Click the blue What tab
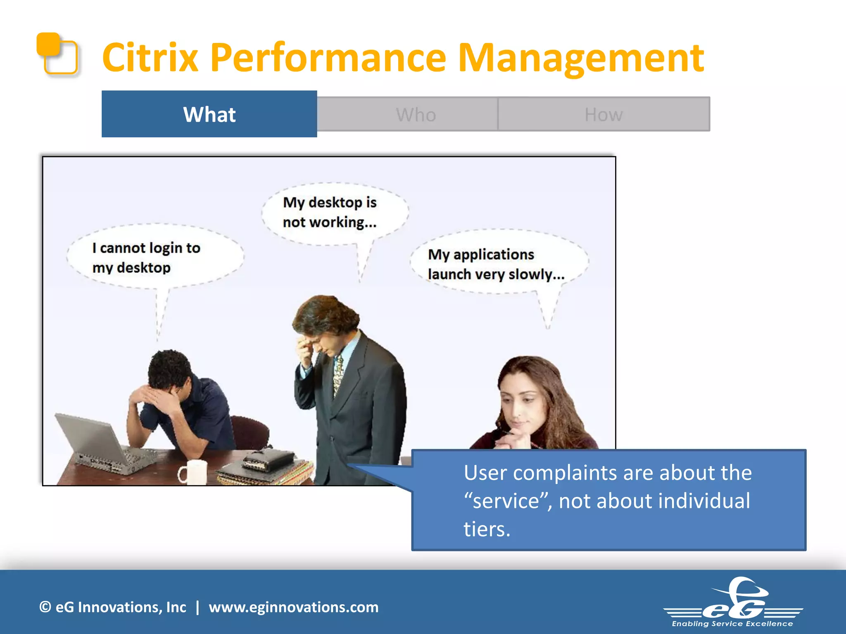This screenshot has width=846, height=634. point(209,114)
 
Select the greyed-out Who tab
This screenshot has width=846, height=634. point(416,114)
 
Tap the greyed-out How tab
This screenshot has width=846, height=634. point(604,114)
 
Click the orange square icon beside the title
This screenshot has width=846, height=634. point(57,54)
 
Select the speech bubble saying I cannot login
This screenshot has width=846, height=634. point(155,257)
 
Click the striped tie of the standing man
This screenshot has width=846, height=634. point(338,374)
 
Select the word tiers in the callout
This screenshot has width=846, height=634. point(487,529)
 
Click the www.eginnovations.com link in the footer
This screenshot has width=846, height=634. point(293,607)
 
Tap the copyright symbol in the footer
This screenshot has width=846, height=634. point(45,607)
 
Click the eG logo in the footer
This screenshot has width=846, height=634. point(733,603)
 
